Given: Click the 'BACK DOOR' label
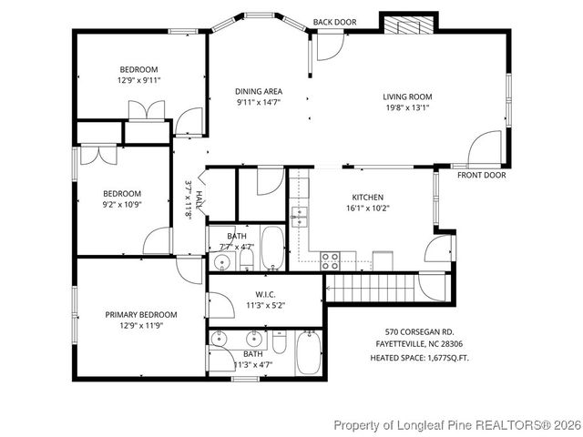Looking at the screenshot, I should tap(334, 22).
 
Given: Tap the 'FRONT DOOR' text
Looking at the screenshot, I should tap(481, 175).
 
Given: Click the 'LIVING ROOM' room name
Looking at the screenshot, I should tap(406, 97).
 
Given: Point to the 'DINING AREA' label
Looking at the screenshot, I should tap(259, 91).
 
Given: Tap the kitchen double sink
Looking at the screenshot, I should tap(300, 216).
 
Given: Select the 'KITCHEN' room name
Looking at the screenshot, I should tap(367, 197).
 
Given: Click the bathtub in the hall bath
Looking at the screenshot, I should tap(273, 249).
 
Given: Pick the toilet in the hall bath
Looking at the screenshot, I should tap(246, 260).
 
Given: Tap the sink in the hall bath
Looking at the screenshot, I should tap(220, 264).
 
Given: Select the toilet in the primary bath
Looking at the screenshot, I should tap(281, 344).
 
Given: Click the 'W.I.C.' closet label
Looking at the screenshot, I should tap(265, 294).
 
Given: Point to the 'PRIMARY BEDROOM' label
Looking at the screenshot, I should tap(141, 314).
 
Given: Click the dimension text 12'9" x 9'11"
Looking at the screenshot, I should tap(138, 80).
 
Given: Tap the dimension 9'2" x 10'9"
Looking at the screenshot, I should tap(122, 205).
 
